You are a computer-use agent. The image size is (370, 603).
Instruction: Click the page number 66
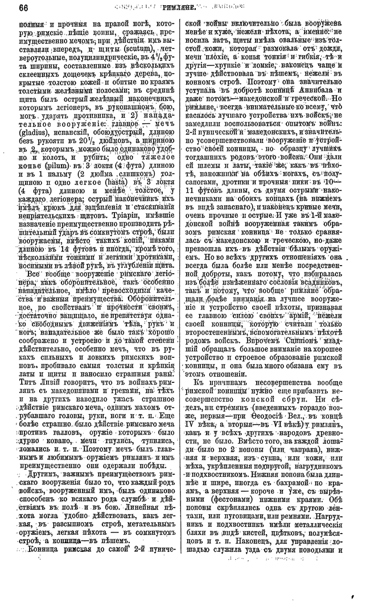tap(23, 8)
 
